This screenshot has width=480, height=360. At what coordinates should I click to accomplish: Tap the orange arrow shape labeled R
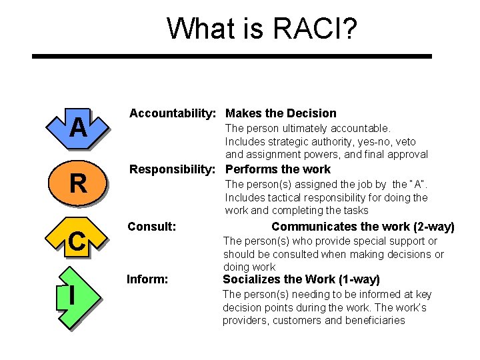(78, 183)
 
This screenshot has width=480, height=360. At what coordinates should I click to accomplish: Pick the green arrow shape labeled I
(73, 295)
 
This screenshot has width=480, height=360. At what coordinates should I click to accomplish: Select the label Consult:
(151, 227)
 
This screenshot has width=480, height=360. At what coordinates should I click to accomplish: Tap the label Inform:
(147, 279)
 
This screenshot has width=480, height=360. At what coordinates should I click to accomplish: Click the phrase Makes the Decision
(281, 113)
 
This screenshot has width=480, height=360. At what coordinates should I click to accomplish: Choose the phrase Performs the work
(277, 169)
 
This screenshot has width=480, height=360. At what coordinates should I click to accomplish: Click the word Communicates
(307, 227)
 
